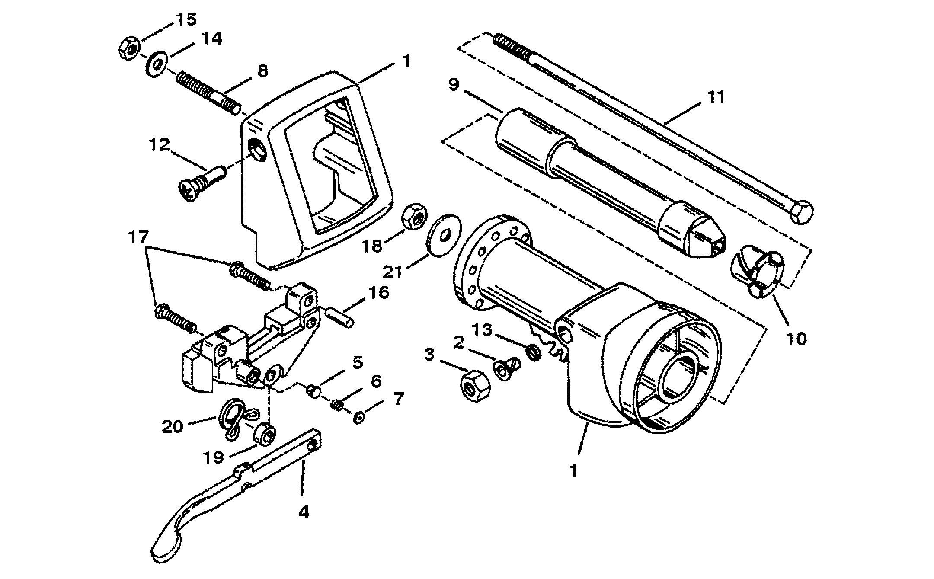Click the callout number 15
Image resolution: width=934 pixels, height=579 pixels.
click(x=186, y=19)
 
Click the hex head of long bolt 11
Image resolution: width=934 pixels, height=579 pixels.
click(x=802, y=212)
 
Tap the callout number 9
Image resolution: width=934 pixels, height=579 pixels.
click(x=453, y=85)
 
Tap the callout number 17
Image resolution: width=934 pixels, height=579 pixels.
click(x=138, y=238)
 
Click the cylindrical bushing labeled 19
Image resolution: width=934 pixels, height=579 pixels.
click(x=264, y=434)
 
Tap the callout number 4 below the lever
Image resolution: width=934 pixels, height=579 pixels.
click(x=304, y=512)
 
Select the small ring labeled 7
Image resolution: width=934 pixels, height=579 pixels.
click(x=358, y=418)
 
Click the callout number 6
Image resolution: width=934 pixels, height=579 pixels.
click(x=376, y=381)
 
